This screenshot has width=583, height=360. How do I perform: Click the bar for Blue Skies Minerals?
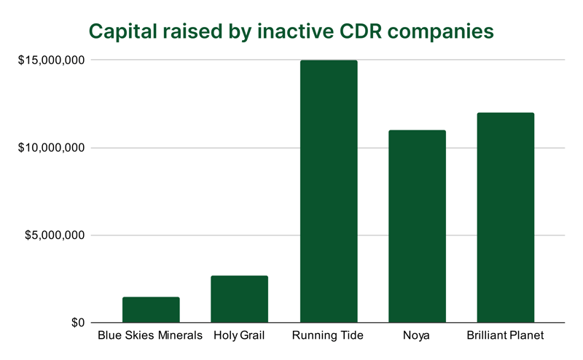click(x=151, y=310)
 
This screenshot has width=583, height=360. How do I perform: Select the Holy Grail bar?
click(x=240, y=299)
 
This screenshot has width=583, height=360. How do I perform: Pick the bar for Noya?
click(x=417, y=227)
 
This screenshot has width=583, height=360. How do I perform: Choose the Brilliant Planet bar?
click(x=505, y=218)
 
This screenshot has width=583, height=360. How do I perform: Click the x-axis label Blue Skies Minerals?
click(x=151, y=337)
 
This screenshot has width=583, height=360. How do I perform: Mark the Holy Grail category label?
click(x=240, y=337)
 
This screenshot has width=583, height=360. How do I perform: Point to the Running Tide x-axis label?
click(x=328, y=337)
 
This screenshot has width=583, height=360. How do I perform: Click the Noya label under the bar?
click(x=417, y=337)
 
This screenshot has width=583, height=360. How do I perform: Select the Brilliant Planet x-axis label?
click(x=505, y=337)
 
